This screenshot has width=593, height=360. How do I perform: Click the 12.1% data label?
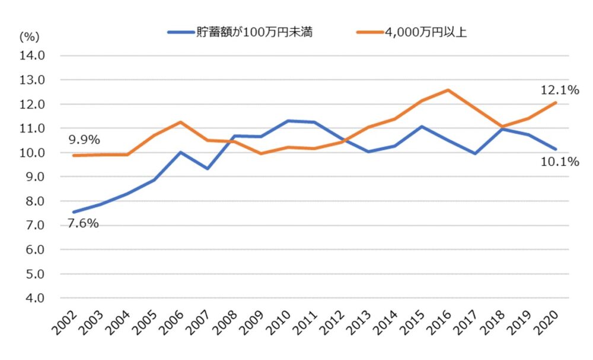559,91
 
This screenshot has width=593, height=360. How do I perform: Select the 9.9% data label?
83,140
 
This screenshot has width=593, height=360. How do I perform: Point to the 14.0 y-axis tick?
34,56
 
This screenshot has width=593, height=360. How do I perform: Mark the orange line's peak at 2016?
448,90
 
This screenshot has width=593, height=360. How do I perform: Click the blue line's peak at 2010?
288,121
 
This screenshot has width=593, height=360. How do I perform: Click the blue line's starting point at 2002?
73,212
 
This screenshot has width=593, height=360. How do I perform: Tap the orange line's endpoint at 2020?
556,103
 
